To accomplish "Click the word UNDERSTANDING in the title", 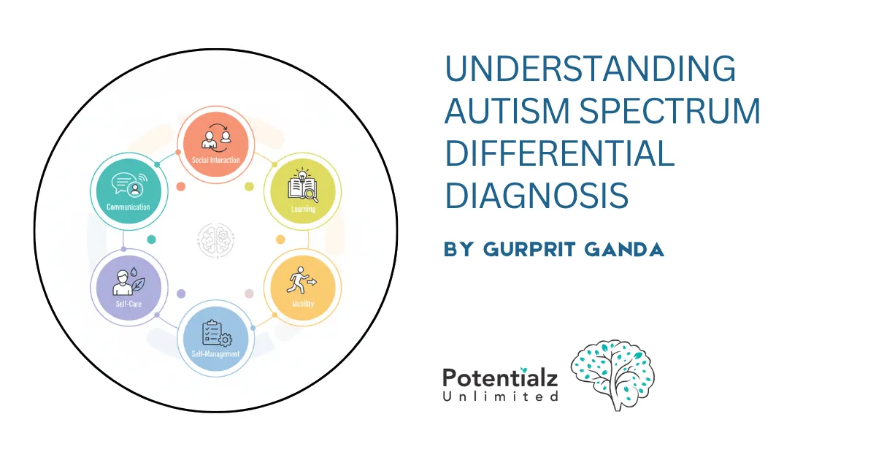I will (590, 70).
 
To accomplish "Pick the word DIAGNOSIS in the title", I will (537, 195).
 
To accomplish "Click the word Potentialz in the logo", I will (500, 377).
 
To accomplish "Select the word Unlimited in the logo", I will (500, 396).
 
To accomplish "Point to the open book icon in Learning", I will (301, 184).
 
